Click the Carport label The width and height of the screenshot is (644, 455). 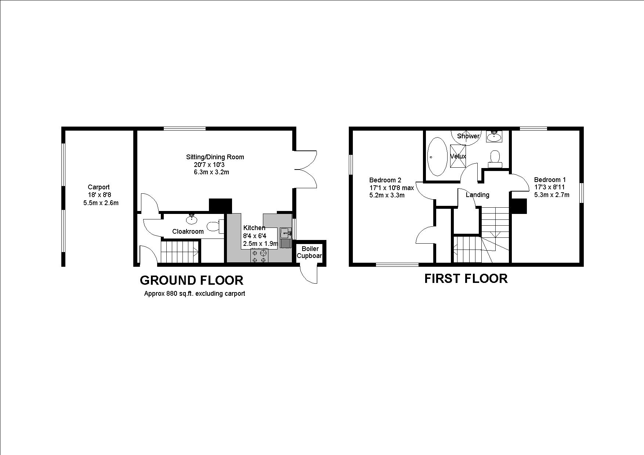pos(98,187)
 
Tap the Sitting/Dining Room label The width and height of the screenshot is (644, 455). pos(215,157)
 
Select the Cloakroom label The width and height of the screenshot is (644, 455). pos(188,232)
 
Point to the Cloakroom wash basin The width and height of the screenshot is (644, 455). pos(191,219)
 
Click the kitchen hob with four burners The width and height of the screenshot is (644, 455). pos(259,256)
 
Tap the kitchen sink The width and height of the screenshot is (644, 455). pos(286,233)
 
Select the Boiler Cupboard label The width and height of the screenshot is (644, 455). pos(310,252)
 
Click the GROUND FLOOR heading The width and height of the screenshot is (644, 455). pos(191,280)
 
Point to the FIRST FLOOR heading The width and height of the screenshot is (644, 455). pos(466,279)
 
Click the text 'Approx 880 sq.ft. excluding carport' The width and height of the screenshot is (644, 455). pos(194,294)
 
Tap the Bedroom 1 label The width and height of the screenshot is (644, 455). pos(550,180)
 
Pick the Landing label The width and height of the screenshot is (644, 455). pos(477,195)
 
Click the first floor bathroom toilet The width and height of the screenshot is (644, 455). pos(495,158)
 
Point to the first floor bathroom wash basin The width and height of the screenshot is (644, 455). pos(494,137)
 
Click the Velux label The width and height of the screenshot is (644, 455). pos(458,156)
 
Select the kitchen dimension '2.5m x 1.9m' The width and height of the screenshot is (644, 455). pos(260,244)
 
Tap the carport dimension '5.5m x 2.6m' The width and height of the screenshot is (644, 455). pos(101,203)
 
